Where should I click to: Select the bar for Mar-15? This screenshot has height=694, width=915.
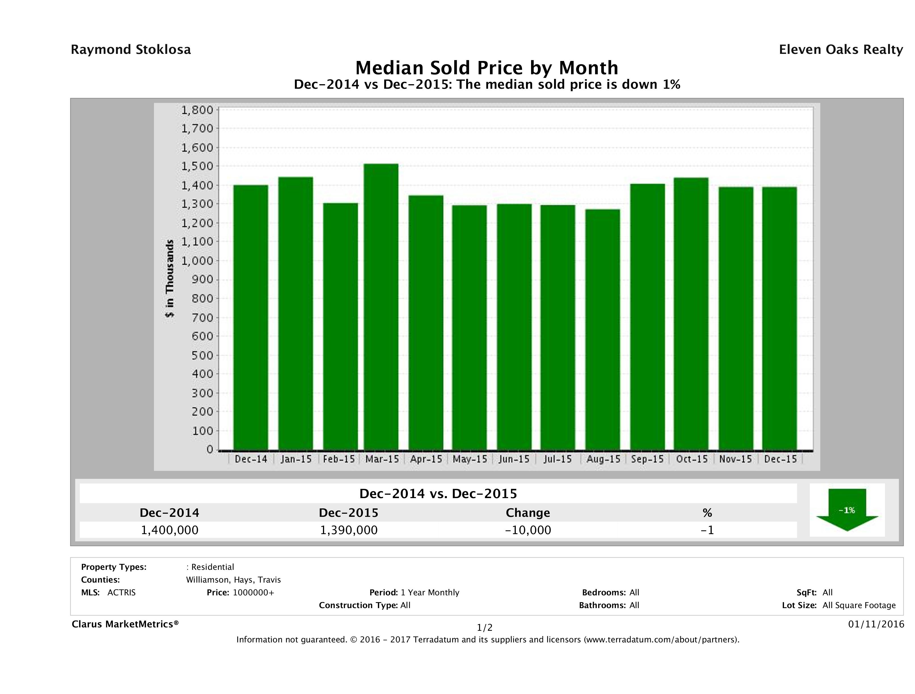point(381,306)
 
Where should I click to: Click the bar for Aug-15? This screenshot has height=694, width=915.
point(603,329)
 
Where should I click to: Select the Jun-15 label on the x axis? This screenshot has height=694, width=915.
point(514,459)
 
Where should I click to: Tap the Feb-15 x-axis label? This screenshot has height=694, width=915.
point(339,459)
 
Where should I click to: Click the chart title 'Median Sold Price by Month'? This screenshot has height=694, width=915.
point(487,68)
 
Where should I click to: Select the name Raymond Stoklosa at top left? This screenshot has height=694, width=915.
point(131,50)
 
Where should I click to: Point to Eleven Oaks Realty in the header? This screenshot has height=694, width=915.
point(840,50)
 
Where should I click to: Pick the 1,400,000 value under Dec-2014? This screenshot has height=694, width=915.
point(170,530)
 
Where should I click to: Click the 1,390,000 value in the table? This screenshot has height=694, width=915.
point(349,530)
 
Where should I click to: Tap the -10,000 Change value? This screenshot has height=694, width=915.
point(528,530)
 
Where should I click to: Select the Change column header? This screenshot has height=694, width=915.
point(528,513)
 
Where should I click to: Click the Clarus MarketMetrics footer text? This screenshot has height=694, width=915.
point(125,624)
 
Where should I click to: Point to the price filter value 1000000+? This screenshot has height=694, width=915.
point(253,592)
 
